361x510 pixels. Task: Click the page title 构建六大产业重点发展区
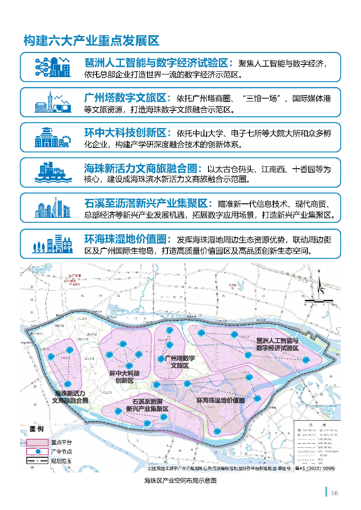tap(92, 41)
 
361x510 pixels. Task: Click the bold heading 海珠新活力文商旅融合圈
tap(143, 169)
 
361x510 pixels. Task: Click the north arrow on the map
tap(319, 282)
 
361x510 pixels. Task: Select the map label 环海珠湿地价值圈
tap(221, 400)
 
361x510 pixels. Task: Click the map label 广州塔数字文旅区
tap(180, 362)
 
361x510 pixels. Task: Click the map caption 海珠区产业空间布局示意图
tap(180, 481)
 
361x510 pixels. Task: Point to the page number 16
tap(334, 492)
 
